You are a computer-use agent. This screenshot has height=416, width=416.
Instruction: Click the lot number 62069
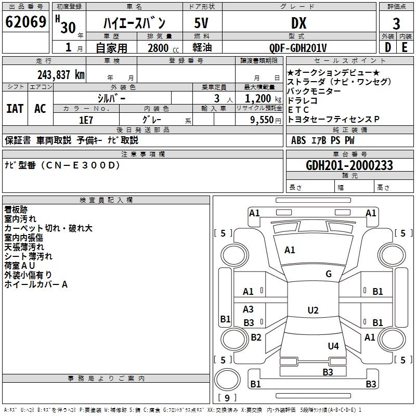(25, 22)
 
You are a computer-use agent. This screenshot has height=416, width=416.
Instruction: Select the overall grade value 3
(396, 24)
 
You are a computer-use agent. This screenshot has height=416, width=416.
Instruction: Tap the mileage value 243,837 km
(61, 75)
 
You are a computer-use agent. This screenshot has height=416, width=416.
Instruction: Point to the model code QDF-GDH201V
(298, 48)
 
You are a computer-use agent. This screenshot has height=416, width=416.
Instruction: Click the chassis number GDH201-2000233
(349, 165)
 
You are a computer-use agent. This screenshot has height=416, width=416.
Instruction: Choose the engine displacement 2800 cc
(163, 48)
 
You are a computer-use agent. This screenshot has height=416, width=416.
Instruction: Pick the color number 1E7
(86, 120)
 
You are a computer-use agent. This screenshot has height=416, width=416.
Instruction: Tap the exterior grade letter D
(388, 47)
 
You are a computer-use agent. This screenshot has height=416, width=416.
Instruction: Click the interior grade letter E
(405, 47)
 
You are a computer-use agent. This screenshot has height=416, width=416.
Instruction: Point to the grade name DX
(298, 23)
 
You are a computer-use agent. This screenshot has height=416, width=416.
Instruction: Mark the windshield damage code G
(329, 274)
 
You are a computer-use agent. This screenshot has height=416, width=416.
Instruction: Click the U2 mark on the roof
(313, 310)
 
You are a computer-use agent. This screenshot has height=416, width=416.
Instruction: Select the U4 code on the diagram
(333, 346)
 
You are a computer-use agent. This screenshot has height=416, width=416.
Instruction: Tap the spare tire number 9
(227, 398)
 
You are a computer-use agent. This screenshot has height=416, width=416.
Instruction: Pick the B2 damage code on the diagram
(256, 337)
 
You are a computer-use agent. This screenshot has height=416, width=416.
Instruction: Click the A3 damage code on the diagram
(248, 309)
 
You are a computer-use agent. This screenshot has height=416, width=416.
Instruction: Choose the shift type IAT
(15, 109)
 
